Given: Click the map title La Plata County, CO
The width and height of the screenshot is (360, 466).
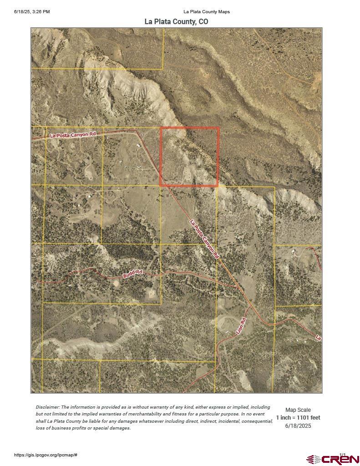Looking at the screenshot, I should [x=177, y=21].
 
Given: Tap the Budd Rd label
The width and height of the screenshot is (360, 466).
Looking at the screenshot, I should [x=133, y=274].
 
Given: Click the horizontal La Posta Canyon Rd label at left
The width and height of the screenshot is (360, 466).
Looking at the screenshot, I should [x=73, y=135].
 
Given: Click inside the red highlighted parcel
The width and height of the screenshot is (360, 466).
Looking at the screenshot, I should [x=189, y=157].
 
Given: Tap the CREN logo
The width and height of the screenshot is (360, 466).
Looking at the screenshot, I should [x=333, y=459].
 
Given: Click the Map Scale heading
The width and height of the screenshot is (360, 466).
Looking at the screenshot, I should [x=298, y=410].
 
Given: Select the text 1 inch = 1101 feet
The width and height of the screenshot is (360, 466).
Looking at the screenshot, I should [x=298, y=418].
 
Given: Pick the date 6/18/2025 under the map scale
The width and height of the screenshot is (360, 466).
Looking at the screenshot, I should [x=298, y=425].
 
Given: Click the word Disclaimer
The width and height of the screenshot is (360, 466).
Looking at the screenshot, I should [x=47, y=407].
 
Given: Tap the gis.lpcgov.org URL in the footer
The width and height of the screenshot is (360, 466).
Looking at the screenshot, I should [x=46, y=455].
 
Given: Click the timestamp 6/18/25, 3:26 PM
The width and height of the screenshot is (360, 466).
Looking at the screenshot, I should [x=32, y=11].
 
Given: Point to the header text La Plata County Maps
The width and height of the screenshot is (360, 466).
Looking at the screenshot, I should [x=207, y=11].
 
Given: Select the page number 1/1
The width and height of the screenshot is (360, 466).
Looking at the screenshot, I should [x=342, y=454].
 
